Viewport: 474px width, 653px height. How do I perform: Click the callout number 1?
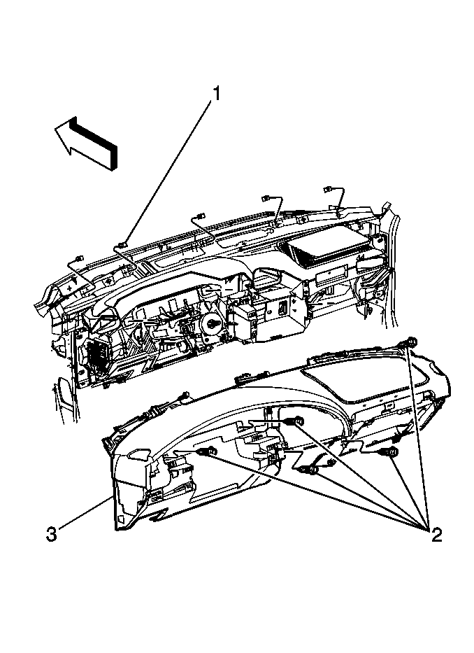(x=216, y=93)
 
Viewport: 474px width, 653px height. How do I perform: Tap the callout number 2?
(x=436, y=534)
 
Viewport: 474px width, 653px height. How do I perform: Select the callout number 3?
(x=51, y=534)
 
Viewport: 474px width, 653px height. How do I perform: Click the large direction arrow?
(x=86, y=141)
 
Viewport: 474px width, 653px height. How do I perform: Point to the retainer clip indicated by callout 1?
(x=122, y=244)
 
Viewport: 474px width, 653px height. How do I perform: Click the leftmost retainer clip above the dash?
(x=79, y=260)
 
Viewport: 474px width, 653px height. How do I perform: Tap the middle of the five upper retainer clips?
(x=200, y=216)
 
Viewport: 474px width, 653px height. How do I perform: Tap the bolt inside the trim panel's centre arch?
(x=296, y=421)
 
